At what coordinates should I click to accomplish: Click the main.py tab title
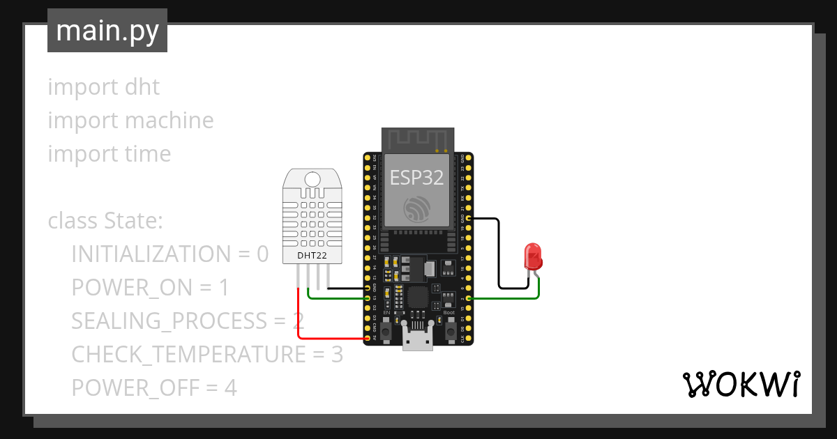pyautogui.click(x=107, y=31)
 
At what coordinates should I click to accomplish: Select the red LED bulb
pyautogui.click(x=534, y=256)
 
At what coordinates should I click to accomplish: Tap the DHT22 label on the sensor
pyautogui.click(x=312, y=256)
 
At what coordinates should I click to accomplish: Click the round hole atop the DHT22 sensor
pyautogui.click(x=312, y=179)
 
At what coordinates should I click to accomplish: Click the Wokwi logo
pyautogui.click(x=740, y=384)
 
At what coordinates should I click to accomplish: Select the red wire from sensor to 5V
pyautogui.click(x=300, y=321)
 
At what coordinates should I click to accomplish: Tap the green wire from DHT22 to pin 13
pyautogui.click(x=335, y=298)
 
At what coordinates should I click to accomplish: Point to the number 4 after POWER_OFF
pyautogui.click(x=230, y=387)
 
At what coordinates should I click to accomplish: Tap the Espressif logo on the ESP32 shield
pyautogui.click(x=416, y=207)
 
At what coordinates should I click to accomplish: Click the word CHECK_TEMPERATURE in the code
pyautogui.click(x=188, y=354)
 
